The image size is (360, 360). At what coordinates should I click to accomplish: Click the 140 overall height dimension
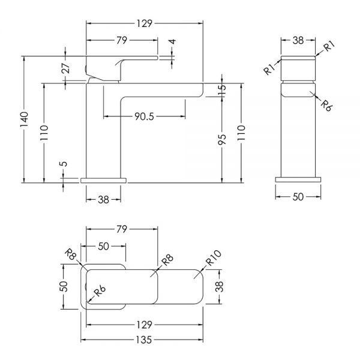(x=24, y=119)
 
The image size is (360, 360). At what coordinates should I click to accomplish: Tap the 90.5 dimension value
(x=144, y=116)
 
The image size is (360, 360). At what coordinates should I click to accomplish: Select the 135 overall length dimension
(x=144, y=340)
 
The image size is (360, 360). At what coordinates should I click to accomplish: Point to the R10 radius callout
(x=213, y=257)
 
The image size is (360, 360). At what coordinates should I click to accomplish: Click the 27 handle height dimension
(x=65, y=68)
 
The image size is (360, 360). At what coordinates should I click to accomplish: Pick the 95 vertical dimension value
(x=222, y=139)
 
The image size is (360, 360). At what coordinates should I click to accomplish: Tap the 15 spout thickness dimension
(x=222, y=89)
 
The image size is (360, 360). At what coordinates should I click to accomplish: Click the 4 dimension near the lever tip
(x=172, y=41)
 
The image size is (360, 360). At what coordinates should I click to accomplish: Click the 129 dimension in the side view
(x=145, y=23)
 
